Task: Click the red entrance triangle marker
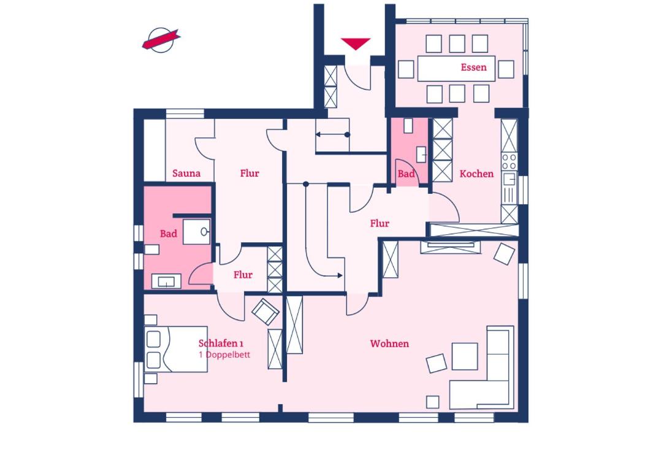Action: (x=356, y=44)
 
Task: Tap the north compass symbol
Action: (x=161, y=40)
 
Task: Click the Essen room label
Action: (x=473, y=67)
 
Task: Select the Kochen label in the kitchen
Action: (x=476, y=174)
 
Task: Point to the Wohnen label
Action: (x=389, y=343)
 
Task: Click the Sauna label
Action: (x=186, y=173)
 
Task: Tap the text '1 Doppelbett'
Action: (x=224, y=355)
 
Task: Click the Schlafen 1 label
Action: (x=221, y=343)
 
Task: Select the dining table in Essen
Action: (x=456, y=68)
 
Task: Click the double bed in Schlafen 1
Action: (x=176, y=349)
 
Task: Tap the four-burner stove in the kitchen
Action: (x=509, y=161)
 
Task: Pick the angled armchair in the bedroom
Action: (x=265, y=312)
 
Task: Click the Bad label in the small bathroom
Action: (x=406, y=174)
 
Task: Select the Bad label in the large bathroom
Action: (x=168, y=234)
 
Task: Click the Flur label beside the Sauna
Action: (x=250, y=173)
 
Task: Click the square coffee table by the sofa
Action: (x=465, y=356)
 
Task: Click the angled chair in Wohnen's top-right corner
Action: (x=505, y=254)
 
